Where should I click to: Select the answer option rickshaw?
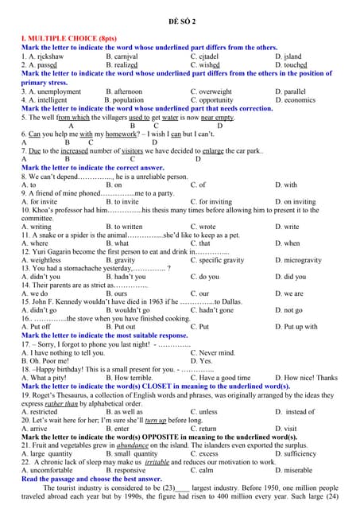(x=46, y=56)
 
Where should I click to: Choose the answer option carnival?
(x=127, y=56)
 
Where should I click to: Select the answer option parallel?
(x=294, y=91)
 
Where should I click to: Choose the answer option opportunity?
(x=216, y=100)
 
